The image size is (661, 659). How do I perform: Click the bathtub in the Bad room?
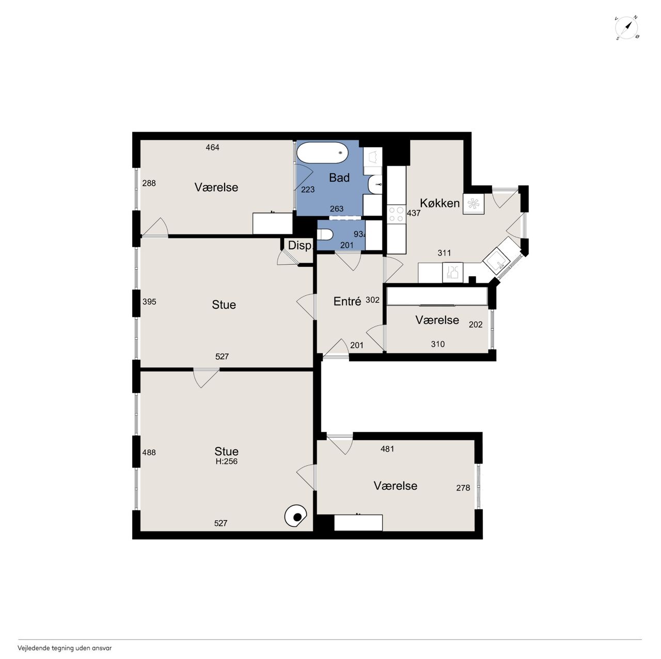click(322, 153)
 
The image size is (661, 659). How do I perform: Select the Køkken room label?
click(439, 203)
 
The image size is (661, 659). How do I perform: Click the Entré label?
click(347, 301)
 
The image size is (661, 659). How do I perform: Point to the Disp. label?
click(300, 246)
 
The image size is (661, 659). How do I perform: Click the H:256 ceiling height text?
click(226, 461)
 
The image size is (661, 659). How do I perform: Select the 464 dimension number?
click(212, 148)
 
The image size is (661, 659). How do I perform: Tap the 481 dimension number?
click(387, 449)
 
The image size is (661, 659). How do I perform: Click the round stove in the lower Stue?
click(296, 517)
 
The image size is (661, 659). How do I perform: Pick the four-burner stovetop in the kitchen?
click(396, 214)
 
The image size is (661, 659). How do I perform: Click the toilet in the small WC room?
click(325, 235)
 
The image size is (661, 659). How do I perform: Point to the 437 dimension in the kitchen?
click(414, 213)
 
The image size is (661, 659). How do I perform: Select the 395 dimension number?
click(149, 302)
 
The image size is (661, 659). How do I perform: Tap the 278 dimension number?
click(463, 488)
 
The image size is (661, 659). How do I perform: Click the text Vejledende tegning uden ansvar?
click(65, 648)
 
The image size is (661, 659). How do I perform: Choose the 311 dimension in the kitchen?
click(444, 253)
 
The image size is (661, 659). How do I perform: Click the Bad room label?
click(339, 178)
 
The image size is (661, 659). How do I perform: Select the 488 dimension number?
click(149, 453)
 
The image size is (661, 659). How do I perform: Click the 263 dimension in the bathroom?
click(337, 209)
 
